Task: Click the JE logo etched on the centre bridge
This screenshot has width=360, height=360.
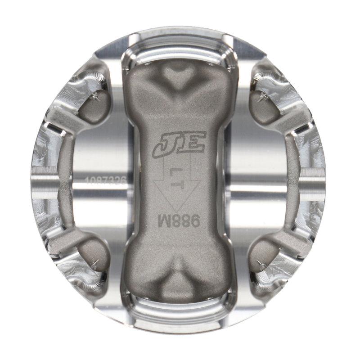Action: point(179,144)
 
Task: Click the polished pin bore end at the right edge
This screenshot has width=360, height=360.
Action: point(315,180)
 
